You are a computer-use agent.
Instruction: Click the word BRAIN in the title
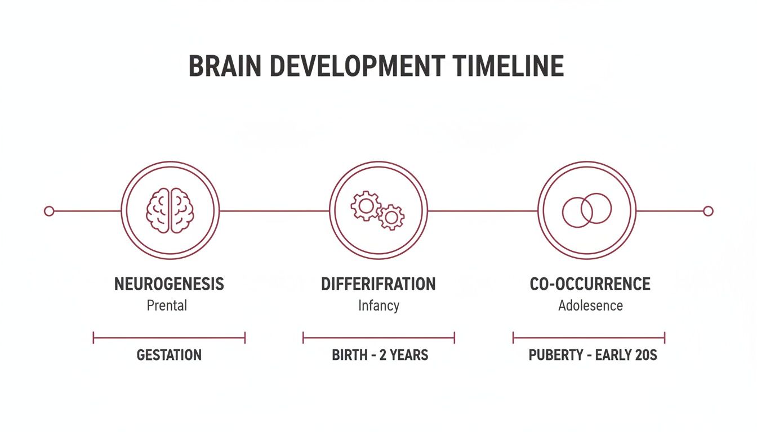pos(225,66)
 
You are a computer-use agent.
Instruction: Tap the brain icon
pos(170,210)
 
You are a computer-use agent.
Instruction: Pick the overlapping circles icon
pos(586,210)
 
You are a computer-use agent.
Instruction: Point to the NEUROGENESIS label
pos(169,284)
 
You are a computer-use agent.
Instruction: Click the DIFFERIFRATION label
pos(378,284)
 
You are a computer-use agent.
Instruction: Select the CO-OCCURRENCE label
pos(590,284)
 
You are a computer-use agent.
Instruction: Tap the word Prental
pos(167,305)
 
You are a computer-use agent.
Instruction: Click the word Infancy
pos(379,305)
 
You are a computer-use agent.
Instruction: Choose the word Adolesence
pos(590,305)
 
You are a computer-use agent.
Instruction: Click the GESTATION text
pos(169,355)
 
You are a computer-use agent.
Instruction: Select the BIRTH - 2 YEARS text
pos(380,355)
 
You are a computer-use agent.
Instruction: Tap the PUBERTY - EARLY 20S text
pos(593,355)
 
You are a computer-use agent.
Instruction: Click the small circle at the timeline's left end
pos(49,211)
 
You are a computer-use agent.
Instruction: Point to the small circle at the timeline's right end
pos(708,211)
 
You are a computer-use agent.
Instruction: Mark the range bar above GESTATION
pos(169,337)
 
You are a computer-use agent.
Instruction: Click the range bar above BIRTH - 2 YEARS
pos(379,337)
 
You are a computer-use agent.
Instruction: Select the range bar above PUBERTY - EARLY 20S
pos(589,337)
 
